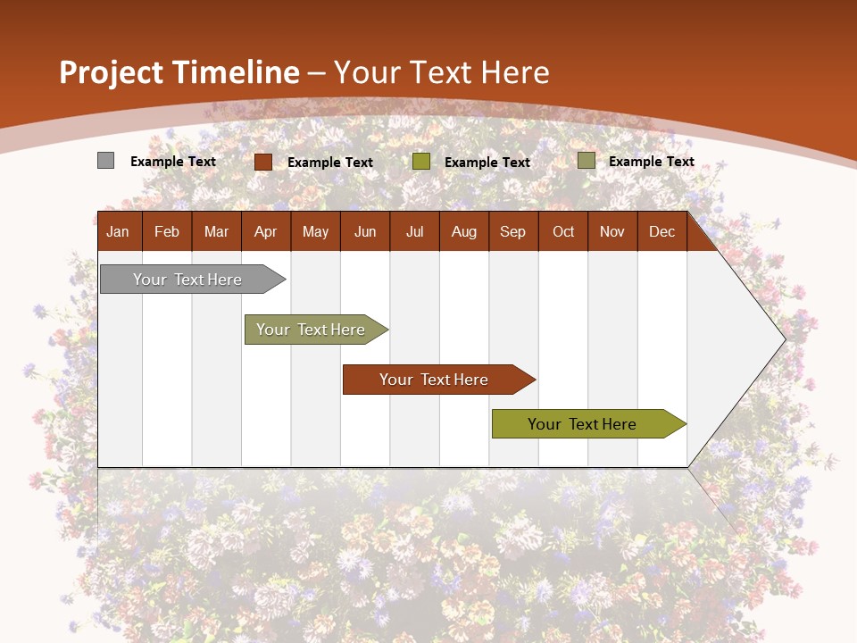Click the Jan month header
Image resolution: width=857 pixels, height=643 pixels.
click(118, 231)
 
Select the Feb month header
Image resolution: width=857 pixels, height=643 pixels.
click(167, 231)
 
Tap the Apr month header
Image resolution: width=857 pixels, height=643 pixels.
click(265, 231)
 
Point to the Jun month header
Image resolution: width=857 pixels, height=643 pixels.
click(365, 231)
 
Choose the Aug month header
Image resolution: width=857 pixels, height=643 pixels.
click(463, 231)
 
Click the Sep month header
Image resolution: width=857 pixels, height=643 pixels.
click(512, 231)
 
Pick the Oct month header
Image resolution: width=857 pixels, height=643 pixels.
click(563, 231)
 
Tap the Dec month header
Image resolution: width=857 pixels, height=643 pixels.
click(661, 231)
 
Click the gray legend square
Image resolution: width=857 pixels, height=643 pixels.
click(105, 161)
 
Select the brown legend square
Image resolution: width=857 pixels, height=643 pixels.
click(262, 162)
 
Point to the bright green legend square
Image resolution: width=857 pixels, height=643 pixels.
click(420, 162)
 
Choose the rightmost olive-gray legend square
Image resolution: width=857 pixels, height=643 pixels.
click(586, 161)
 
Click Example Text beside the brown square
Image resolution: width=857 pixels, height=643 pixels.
click(329, 163)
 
